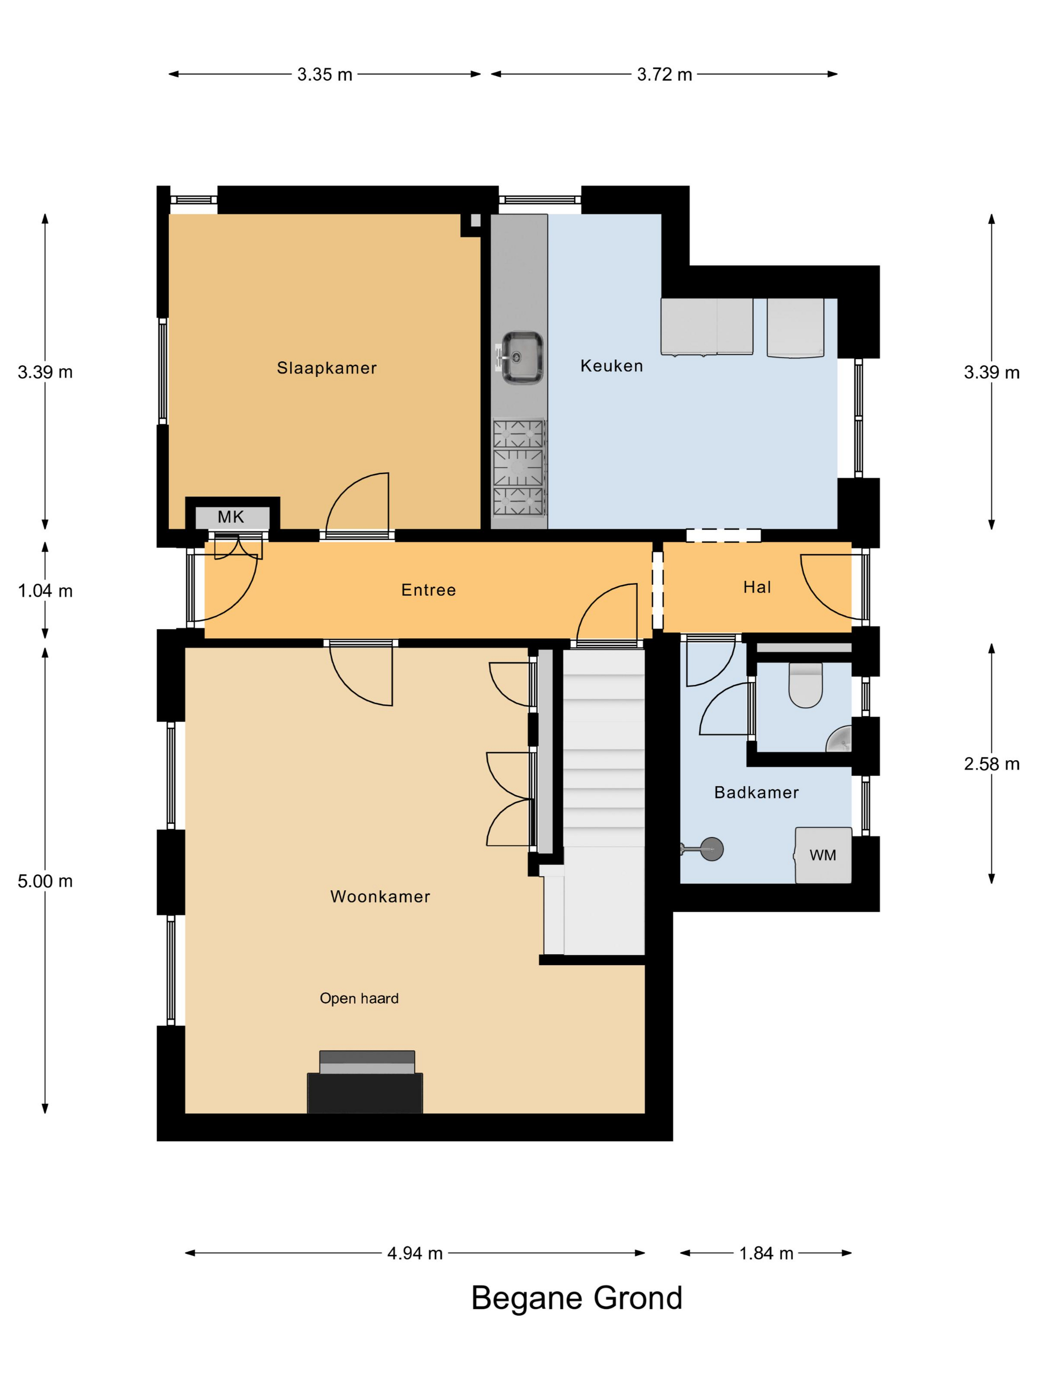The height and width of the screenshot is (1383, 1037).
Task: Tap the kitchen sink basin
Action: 521,357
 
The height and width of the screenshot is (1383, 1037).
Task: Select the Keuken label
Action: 611,366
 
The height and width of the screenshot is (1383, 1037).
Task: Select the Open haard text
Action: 359,999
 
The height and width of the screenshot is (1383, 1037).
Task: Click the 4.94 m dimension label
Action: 415,1253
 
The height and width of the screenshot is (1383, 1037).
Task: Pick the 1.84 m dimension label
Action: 766,1253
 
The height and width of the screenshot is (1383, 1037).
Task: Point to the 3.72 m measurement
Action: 665,75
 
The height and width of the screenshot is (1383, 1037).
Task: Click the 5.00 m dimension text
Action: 45,881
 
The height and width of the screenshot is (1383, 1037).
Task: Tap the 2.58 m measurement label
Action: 992,764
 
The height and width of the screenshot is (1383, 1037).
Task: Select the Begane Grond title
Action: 576,1299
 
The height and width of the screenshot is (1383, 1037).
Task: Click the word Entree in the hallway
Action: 428,590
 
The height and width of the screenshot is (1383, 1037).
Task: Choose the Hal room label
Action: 757,587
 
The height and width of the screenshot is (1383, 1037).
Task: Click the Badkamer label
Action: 757,792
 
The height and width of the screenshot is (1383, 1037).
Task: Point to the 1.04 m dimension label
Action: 45,591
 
